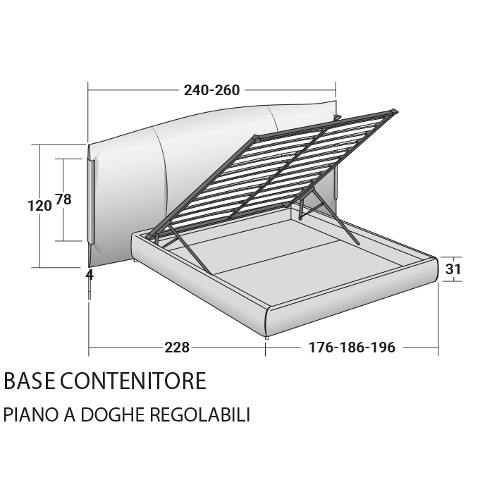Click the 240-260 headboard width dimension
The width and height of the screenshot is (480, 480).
click(x=211, y=90)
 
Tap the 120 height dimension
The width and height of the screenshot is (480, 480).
click(x=39, y=206)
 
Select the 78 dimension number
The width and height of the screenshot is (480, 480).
click(x=63, y=199)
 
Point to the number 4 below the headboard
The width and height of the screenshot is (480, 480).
click(x=90, y=275)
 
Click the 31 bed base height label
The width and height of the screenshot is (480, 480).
click(x=453, y=269)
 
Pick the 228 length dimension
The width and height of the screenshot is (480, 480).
click(x=177, y=347)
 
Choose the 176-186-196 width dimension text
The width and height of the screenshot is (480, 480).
click(x=352, y=347)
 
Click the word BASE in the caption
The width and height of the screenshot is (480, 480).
click(x=30, y=381)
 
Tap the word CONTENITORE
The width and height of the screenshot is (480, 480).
click(x=133, y=381)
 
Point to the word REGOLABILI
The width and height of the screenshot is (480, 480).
click(x=200, y=414)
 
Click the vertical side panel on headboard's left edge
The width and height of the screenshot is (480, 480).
click(x=92, y=201)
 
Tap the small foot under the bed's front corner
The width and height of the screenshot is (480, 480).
click(x=267, y=337)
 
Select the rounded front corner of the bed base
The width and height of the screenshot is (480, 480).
click(x=269, y=321)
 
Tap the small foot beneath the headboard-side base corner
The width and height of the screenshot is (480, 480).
click(x=135, y=261)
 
